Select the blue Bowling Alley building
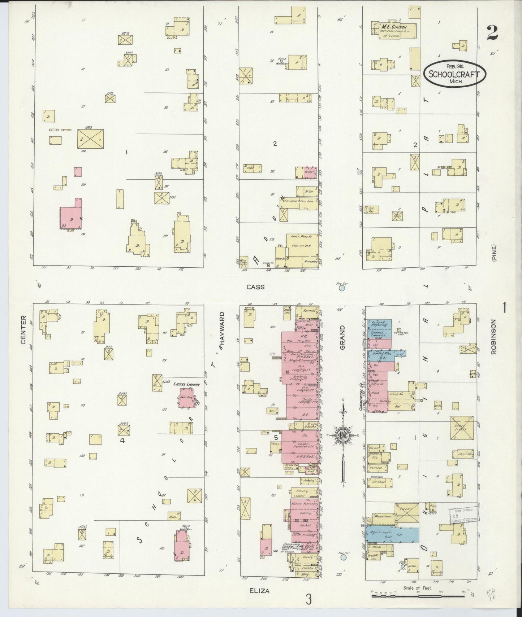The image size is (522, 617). tap(385, 355)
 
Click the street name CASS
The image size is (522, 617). tap(255, 287)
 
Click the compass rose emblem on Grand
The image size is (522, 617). tap(341, 434)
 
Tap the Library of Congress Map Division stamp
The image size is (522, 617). tap(463, 515)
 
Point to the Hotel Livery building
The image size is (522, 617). tap(462, 428)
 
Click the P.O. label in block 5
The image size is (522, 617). tap(299, 334)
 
